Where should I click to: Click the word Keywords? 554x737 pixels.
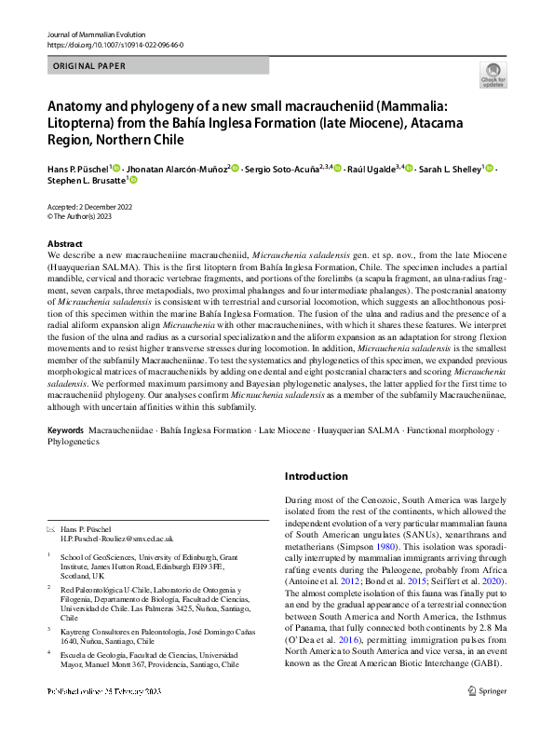[66, 432]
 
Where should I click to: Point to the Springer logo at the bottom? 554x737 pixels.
[489, 717]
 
